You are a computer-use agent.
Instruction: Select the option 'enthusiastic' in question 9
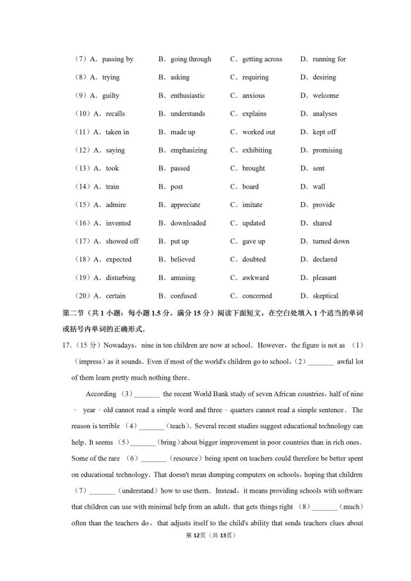[x=187, y=96]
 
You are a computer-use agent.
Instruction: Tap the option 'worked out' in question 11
[x=258, y=132]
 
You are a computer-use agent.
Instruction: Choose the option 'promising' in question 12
[x=327, y=151]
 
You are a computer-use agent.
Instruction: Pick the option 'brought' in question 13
[x=253, y=169]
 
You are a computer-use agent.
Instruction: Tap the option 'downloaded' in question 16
[x=188, y=224]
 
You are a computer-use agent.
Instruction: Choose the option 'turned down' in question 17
[x=330, y=242]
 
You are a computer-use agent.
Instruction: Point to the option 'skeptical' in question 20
[x=325, y=297]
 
